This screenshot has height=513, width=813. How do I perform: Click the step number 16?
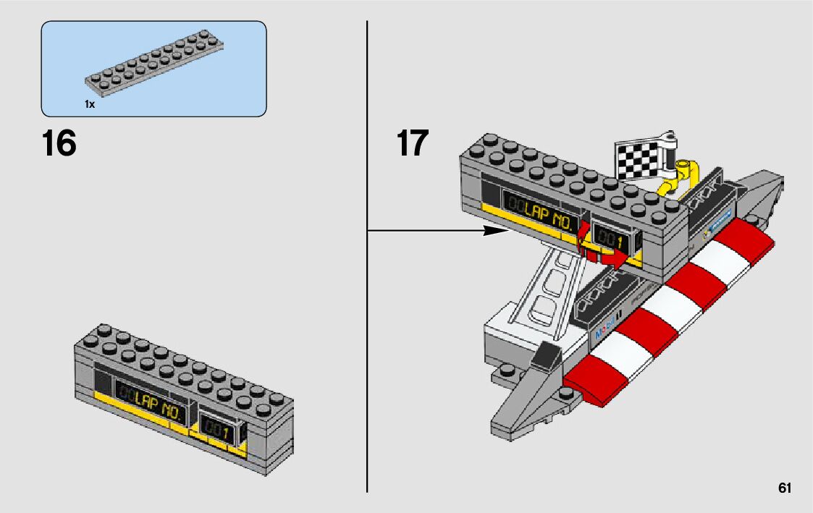pos(59,143)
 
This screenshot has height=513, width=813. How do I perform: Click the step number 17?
pos(412,143)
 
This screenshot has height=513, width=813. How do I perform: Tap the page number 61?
pos(785,488)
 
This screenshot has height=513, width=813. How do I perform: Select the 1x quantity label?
pos(90,104)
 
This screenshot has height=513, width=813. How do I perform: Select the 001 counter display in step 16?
pos(218,432)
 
